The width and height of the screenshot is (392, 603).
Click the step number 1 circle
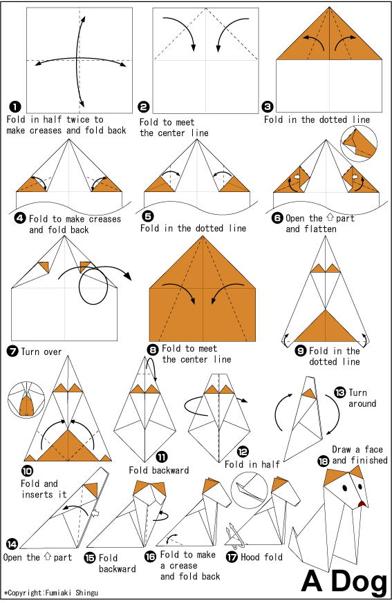tap(15, 107)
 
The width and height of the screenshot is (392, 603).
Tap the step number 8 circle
tap(153, 350)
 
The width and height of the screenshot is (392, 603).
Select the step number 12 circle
tap(242, 451)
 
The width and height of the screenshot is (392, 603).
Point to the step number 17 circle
tap(232, 557)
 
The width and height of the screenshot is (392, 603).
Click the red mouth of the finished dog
tap(362, 504)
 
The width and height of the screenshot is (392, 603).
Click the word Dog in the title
tap(359, 581)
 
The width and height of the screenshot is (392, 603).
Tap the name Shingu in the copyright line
tap(86, 593)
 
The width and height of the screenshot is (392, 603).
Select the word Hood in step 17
tap(250, 557)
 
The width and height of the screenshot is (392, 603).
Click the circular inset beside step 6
tap(359, 143)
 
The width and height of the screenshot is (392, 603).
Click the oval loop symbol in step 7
tap(93, 287)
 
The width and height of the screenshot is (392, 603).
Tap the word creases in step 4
tap(104, 219)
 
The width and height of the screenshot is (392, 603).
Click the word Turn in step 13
tap(357, 392)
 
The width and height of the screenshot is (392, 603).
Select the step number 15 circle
tap(90, 557)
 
